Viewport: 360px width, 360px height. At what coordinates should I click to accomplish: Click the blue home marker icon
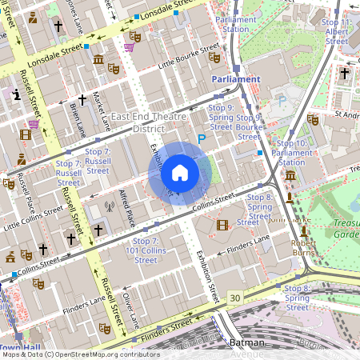[180, 172]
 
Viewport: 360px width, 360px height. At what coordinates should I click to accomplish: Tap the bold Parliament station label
[236, 79]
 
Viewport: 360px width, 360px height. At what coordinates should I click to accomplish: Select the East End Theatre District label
[143, 122]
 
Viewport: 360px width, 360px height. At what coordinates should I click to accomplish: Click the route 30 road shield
[234, 298]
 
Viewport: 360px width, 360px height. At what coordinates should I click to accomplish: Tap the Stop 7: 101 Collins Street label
[146, 250]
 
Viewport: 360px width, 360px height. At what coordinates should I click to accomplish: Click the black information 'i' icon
[17, 95]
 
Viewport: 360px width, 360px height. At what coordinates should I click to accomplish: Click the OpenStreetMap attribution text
[80, 354]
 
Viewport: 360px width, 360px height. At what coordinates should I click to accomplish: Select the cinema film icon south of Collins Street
[222, 225]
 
